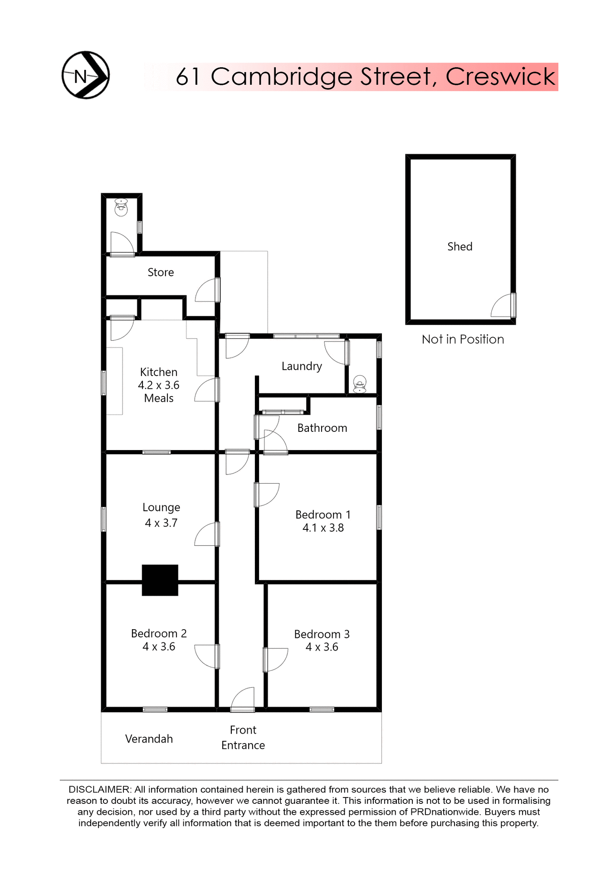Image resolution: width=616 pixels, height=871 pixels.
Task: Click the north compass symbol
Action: [x=85, y=75]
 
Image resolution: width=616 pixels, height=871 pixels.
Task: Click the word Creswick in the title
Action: [x=500, y=77]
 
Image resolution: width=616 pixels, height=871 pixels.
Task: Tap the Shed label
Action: [x=460, y=246]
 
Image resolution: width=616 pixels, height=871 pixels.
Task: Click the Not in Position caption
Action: [x=462, y=339]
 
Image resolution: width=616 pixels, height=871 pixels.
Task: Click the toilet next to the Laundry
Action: [x=360, y=384]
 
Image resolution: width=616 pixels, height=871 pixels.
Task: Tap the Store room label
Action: [x=161, y=272]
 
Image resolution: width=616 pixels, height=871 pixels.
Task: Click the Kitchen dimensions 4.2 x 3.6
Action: [x=159, y=385]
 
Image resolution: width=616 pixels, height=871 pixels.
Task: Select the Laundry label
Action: [x=302, y=366]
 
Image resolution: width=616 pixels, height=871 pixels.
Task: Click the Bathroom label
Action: [x=322, y=428]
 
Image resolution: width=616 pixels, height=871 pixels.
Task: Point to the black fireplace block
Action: [x=160, y=580]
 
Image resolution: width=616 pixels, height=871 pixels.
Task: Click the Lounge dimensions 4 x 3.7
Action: [x=161, y=523]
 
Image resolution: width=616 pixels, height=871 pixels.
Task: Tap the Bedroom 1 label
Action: [x=323, y=514]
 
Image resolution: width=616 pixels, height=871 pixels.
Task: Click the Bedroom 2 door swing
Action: [x=206, y=656]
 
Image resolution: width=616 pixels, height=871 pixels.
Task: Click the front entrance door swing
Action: [x=243, y=699]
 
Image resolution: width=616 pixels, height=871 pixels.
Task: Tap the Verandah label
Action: [x=149, y=739]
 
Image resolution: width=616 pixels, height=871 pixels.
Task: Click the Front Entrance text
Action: [x=243, y=737]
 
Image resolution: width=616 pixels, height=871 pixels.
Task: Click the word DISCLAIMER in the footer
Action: [x=99, y=789]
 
